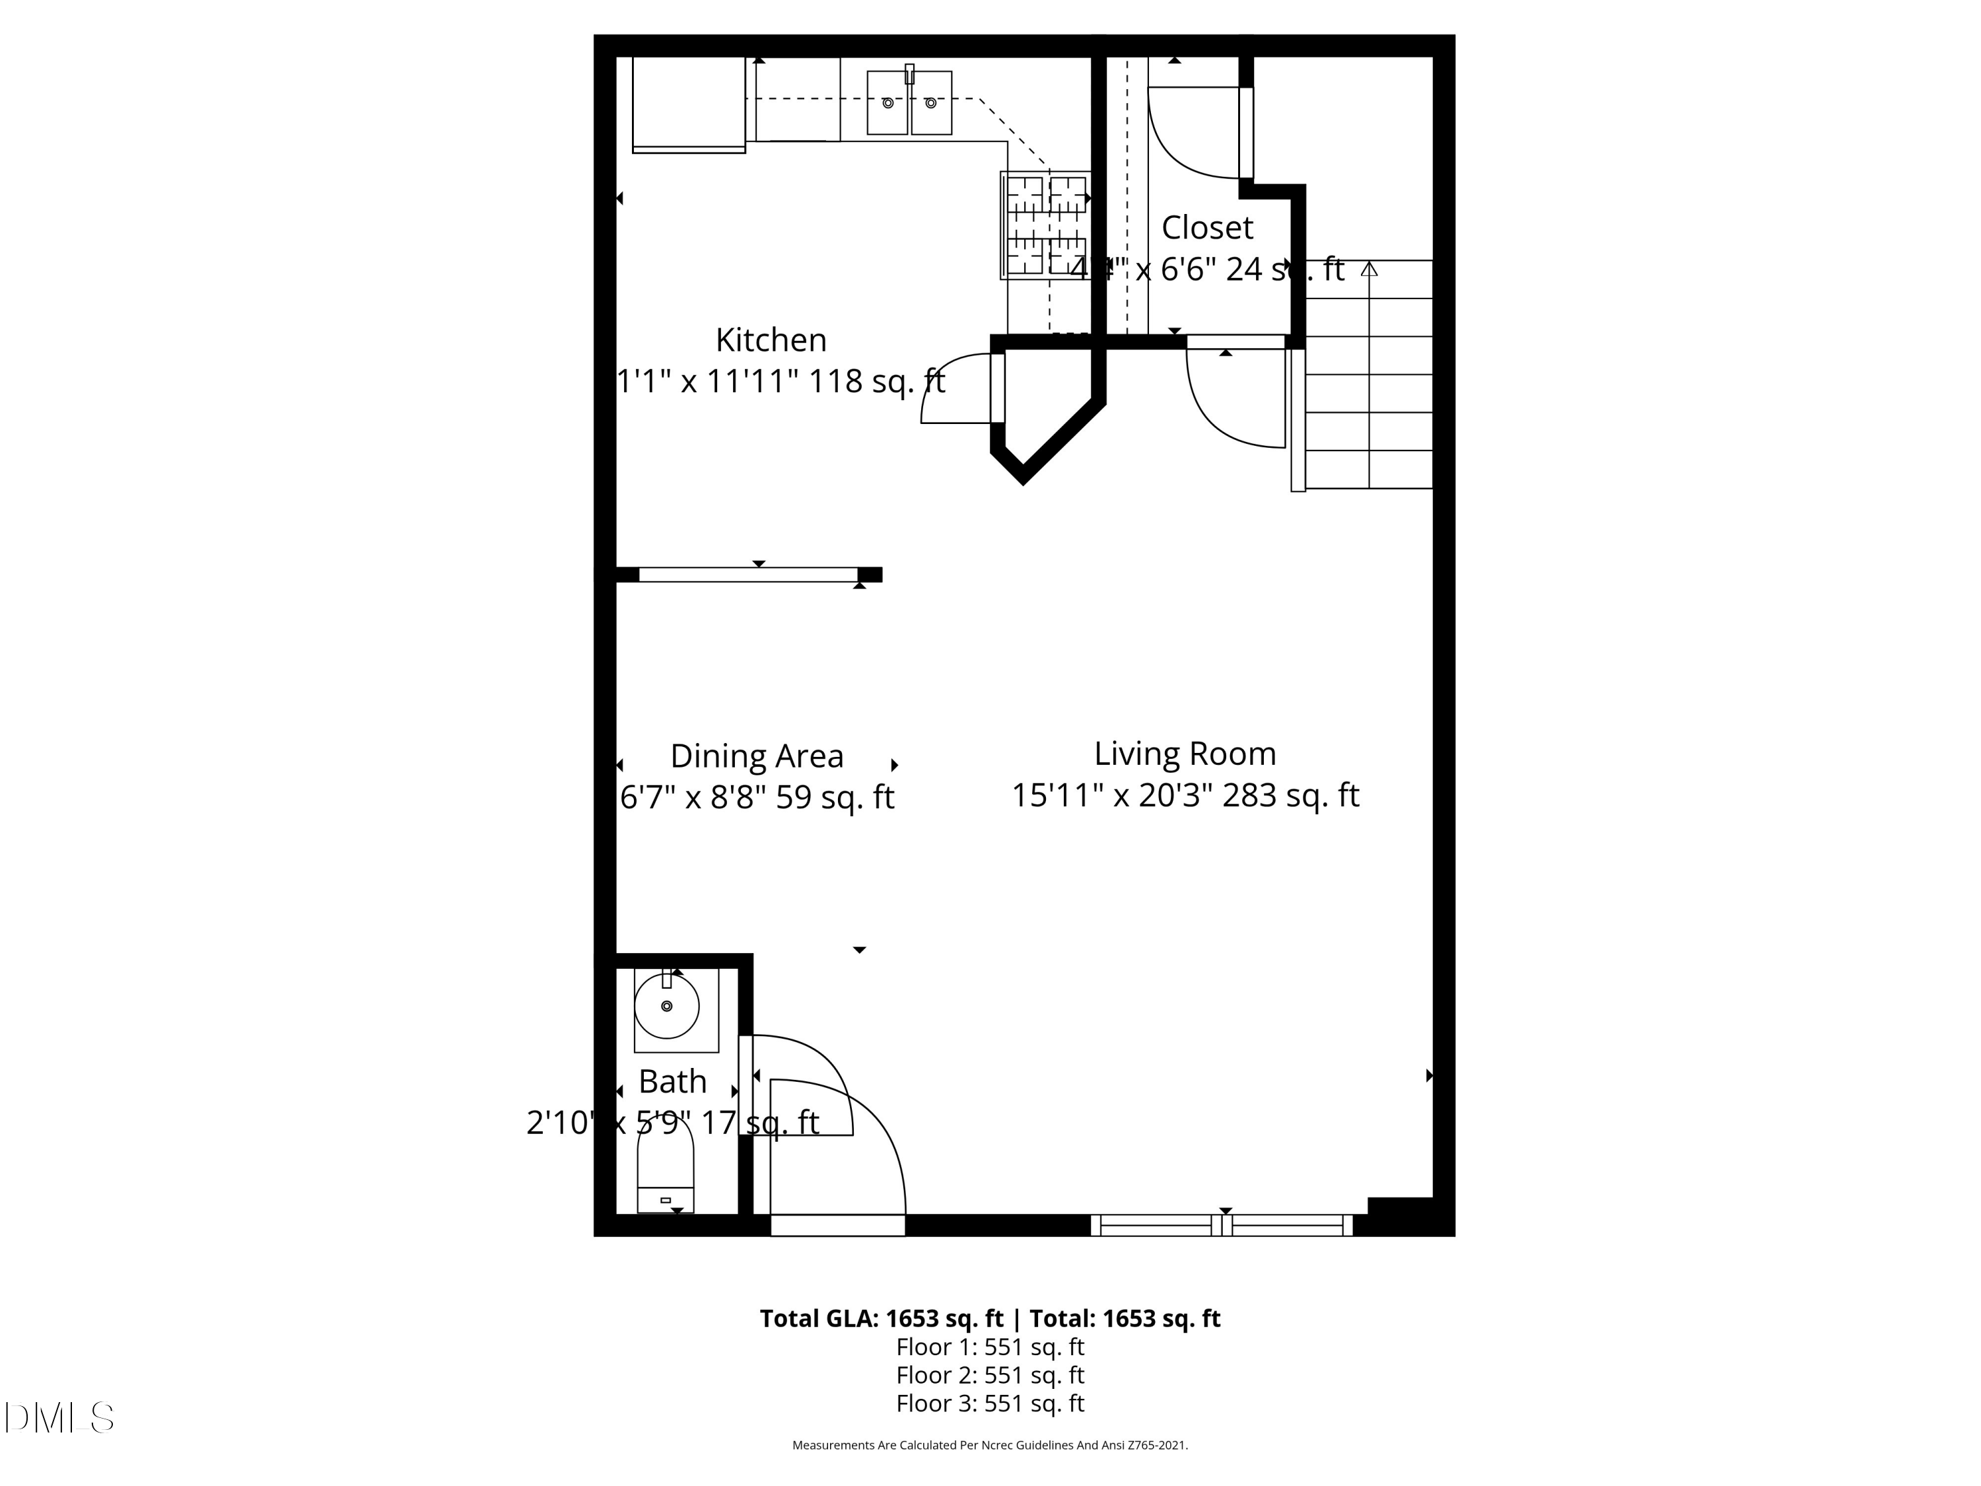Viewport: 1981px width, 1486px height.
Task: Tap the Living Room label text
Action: [1185, 754]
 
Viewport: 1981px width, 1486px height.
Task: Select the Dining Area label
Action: [757, 757]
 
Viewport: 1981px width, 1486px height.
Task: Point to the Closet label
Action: [1206, 229]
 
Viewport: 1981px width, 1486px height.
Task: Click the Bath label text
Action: [673, 1082]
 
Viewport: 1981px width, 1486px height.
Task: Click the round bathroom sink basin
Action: [666, 1006]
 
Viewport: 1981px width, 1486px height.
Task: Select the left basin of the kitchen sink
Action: [887, 103]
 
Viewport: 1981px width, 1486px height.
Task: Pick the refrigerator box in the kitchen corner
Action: [688, 103]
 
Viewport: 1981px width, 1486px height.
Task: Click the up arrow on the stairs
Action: [1368, 269]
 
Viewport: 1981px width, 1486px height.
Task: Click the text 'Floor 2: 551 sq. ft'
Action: [990, 1375]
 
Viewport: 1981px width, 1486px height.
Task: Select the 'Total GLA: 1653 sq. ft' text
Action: [882, 1318]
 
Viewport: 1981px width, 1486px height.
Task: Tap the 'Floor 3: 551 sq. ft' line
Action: [990, 1403]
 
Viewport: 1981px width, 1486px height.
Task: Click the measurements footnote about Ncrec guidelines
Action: [990, 1445]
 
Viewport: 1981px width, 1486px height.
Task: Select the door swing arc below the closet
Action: [1232, 403]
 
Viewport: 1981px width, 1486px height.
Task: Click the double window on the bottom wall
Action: [1222, 1225]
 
